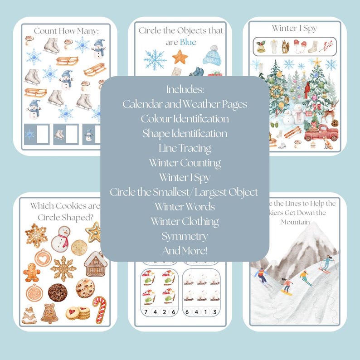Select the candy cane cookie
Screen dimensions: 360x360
(99, 309)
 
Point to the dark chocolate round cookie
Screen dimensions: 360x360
(58, 292)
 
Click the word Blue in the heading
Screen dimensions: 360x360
(188, 42)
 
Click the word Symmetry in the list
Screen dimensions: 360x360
(185, 236)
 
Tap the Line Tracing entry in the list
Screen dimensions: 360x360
(185, 148)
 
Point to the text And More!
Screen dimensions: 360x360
(185, 250)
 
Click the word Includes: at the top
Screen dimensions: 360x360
(185, 89)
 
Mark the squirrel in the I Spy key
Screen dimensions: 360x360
(287, 46)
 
